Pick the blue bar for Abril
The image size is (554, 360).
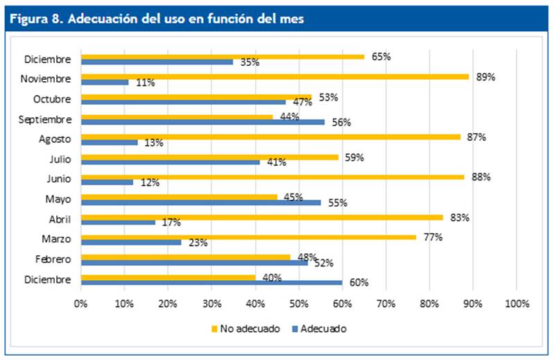click(x=118, y=223)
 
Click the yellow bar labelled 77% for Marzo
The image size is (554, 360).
click(x=250, y=237)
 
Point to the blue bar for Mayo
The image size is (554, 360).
click(x=200, y=203)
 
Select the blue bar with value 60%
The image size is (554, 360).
click(x=211, y=282)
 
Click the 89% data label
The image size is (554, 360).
click(x=485, y=77)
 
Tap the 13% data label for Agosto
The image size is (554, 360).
click(x=154, y=143)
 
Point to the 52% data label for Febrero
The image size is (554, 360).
click(x=324, y=263)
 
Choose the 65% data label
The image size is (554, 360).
click(x=381, y=57)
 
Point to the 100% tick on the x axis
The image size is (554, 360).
click(x=517, y=304)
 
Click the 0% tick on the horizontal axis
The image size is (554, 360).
click(x=81, y=304)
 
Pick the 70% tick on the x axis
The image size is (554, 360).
click(x=386, y=304)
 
